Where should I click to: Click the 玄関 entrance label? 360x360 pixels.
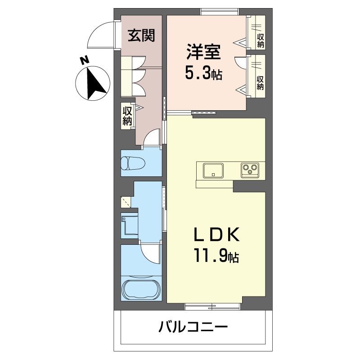(x=141, y=36)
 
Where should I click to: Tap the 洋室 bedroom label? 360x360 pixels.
(x=204, y=51)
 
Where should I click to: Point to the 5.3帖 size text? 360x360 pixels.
(x=203, y=73)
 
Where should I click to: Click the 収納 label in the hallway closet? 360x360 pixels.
(x=127, y=114)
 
